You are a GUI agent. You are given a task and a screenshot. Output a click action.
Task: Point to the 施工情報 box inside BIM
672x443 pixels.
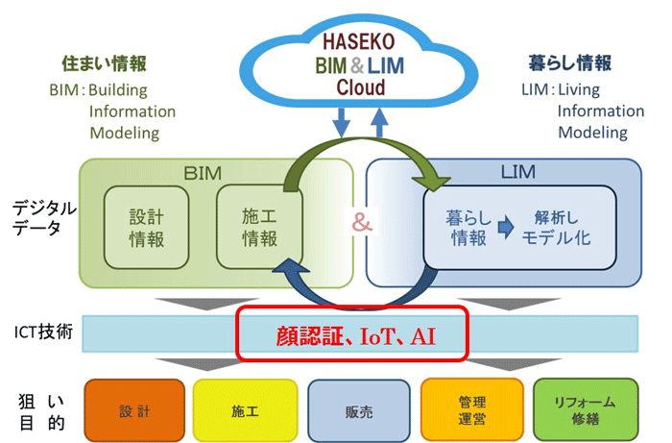coord(258,227)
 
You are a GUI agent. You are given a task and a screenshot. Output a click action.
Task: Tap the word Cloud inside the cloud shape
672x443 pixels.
coord(360,88)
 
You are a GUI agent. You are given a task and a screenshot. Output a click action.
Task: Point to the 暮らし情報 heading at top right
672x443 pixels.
coord(570,63)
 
